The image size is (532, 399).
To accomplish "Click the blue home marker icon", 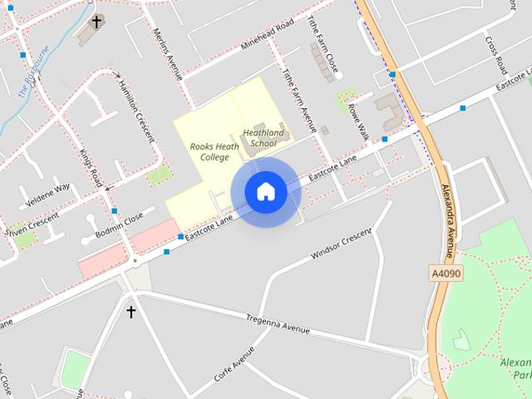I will [265, 191].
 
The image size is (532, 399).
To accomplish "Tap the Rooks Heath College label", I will [214, 151].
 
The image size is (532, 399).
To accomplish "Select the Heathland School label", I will [263, 138].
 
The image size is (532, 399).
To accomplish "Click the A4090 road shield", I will [446, 273].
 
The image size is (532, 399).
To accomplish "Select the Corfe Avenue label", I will [234, 364].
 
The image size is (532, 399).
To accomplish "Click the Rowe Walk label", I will [358, 121].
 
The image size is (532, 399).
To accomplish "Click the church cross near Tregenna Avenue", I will [131, 312].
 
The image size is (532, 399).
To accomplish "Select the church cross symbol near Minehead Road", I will [96, 22].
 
